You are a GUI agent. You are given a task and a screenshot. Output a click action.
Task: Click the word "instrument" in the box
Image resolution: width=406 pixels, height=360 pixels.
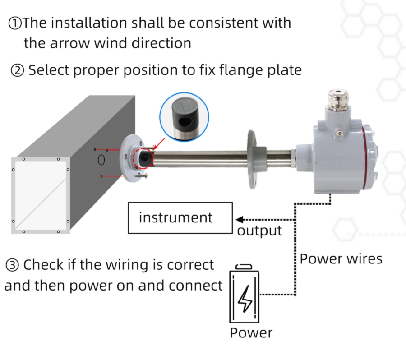coord(175,217)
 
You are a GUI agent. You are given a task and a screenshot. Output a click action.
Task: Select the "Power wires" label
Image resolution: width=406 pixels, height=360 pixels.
coord(341,259)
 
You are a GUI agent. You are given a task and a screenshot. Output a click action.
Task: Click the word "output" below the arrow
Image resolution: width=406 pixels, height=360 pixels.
coord(259,231)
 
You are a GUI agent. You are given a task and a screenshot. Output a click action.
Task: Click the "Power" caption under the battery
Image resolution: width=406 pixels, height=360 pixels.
coord(251,333)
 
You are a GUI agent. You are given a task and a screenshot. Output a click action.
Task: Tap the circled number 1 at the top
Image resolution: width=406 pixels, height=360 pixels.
coord(15,23)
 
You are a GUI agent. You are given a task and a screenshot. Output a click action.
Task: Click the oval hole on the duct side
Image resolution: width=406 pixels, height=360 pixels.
coord(102,160)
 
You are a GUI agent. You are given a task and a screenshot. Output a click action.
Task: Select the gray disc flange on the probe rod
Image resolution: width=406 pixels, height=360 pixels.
coord(251,160)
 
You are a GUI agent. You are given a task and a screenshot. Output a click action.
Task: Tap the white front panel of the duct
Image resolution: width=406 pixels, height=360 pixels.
coord(40,195)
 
